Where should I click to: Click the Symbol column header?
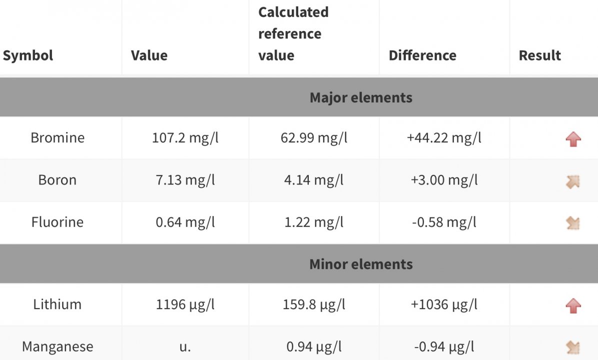pyautogui.click(x=28, y=55)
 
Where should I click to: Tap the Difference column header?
pyautogui.click(x=422, y=55)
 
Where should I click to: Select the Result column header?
pyautogui.click(x=539, y=55)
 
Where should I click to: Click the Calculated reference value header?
pyautogui.click(x=293, y=33)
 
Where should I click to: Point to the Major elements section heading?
pyautogui.click(x=361, y=97)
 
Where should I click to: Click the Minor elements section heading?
pyautogui.click(x=361, y=264)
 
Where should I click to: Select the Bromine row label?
pyautogui.click(x=58, y=137)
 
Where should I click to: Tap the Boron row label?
pyautogui.click(x=58, y=180)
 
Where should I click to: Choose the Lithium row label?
pyautogui.click(x=58, y=304)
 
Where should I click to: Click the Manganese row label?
pyautogui.click(x=58, y=346)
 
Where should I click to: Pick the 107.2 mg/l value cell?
pyautogui.click(x=185, y=137)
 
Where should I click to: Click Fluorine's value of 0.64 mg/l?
pyautogui.click(x=185, y=222)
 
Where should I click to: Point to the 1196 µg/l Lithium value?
pyautogui.click(x=185, y=304)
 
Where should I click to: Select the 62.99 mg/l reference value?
pyautogui.click(x=314, y=137)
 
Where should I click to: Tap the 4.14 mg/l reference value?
pyautogui.click(x=314, y=180)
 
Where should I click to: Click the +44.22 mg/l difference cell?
pyautogui.click(x=444, y=137)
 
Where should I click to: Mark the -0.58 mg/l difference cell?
pyautogui.click(x=444, y=222)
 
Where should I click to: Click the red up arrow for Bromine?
pyautogui.click(x=573, y=139)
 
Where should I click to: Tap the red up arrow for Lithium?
pyautogui.click(x=573, y=305)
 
